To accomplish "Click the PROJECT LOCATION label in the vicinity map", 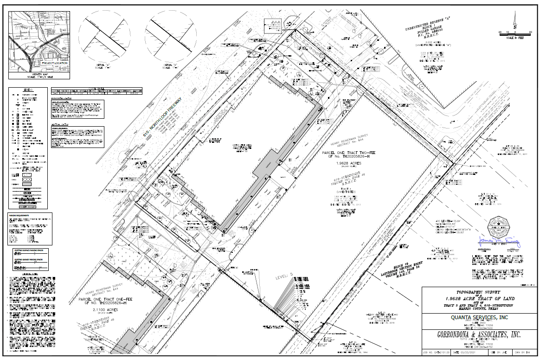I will tap(54, 63).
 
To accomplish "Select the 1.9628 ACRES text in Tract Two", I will tap(336, 163).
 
